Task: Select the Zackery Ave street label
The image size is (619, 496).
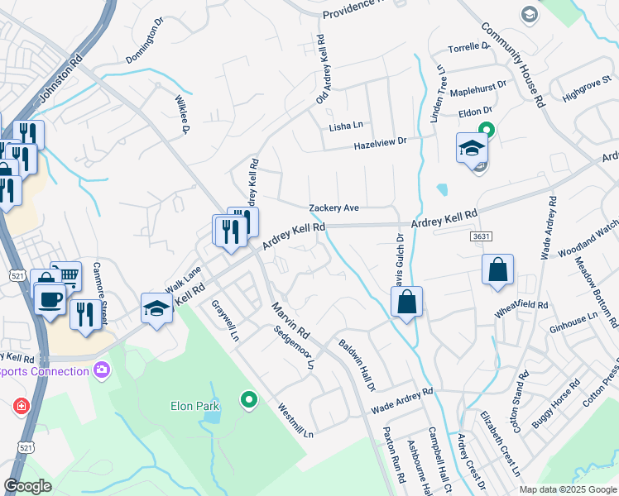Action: coord(333,208)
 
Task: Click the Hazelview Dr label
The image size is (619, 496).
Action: coord(380,143)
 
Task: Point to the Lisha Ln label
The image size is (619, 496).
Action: coord(346,126)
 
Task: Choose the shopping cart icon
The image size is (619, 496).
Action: coord(67,276)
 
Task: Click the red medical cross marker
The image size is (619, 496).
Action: coord(21,407)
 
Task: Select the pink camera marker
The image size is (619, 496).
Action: coord(102,370)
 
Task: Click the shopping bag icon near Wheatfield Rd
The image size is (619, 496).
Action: coord(497,269)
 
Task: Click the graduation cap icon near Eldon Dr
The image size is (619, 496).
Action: coord(472,149)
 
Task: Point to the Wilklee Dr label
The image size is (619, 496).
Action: coord(182,114)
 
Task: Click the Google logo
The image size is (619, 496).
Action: coord(29,486)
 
